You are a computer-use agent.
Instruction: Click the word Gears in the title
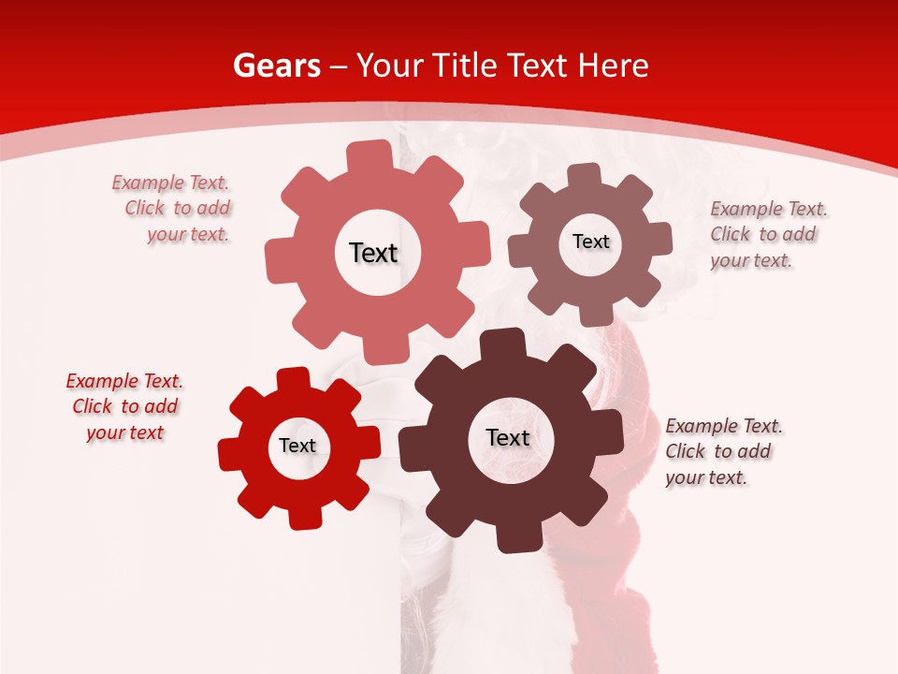[x=276, y=66]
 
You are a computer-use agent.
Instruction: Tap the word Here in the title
[x=613, y=66]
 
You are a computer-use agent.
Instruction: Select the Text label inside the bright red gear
[x=297, y=446]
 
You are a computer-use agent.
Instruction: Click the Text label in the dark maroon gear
[x=508, y=437]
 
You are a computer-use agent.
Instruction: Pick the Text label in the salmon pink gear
[x=373, y=253]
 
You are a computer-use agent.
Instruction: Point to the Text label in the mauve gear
[x=590, y=242]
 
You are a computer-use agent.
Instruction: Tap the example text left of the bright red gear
[x=125, y=406]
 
